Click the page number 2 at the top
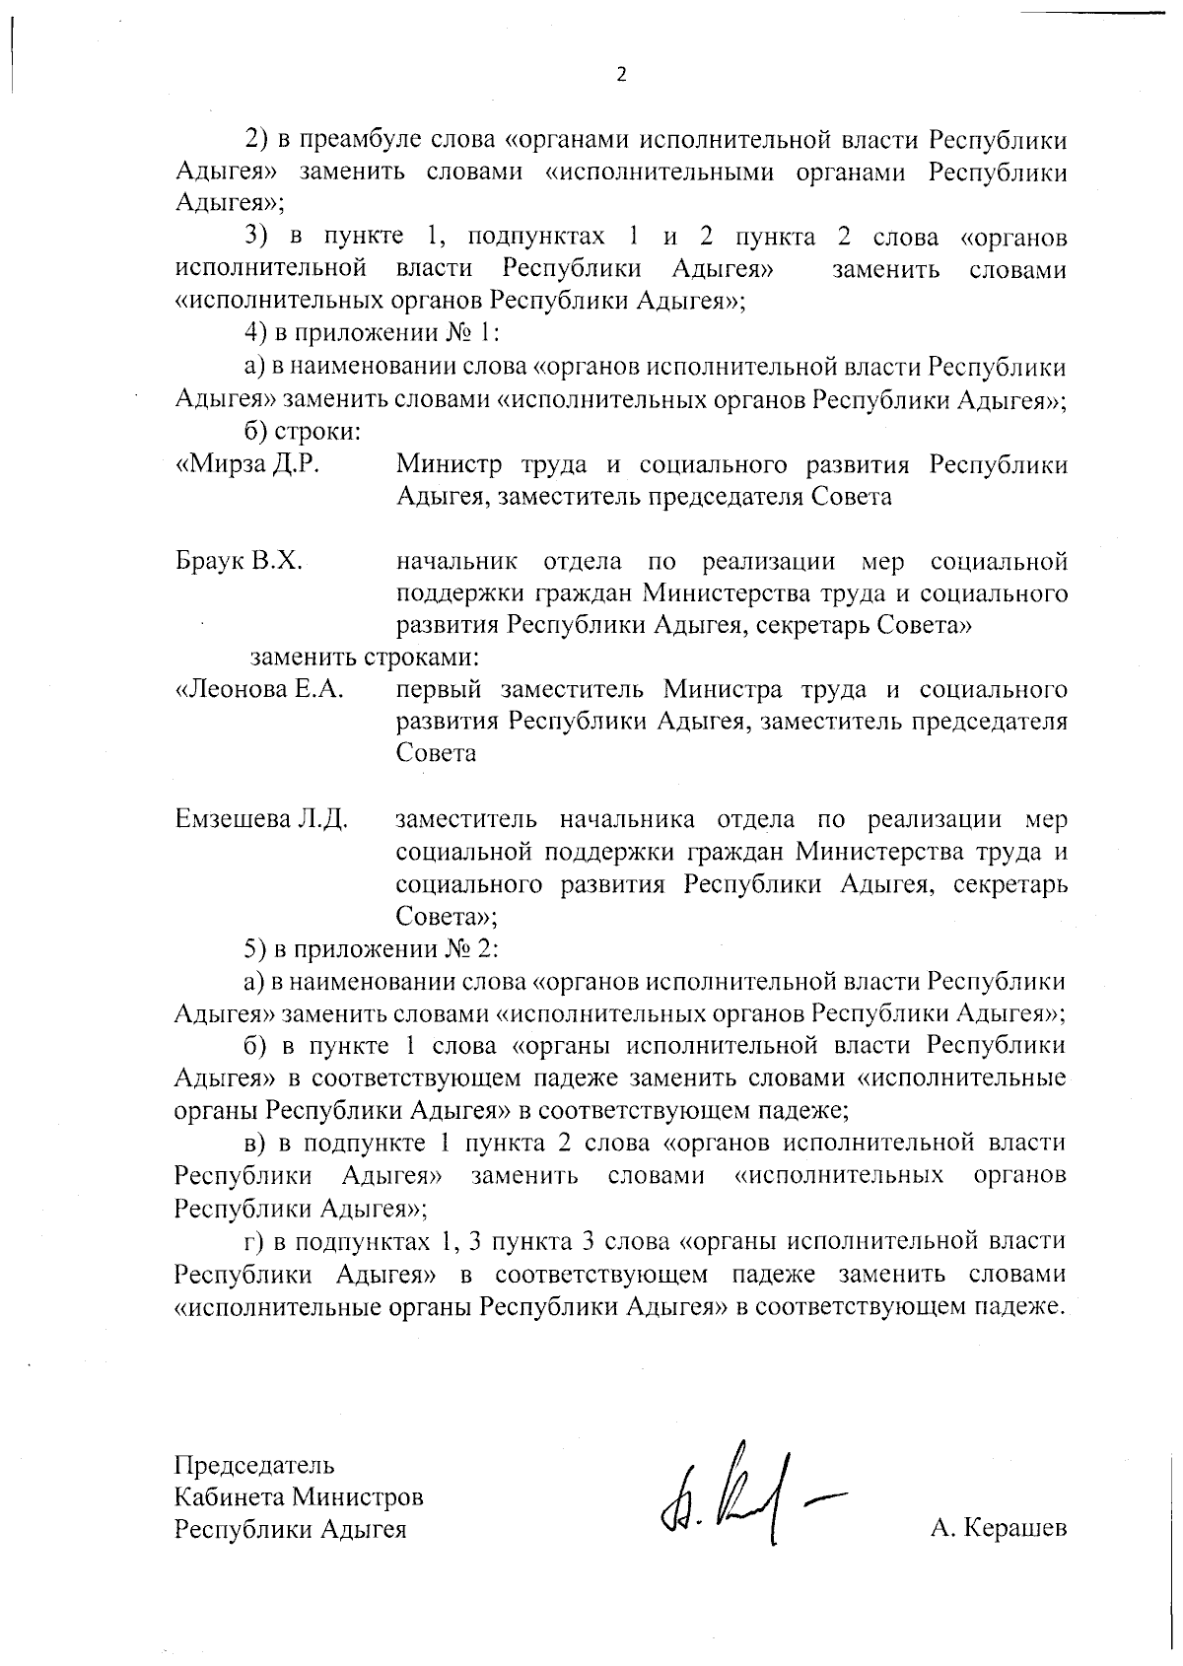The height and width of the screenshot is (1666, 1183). [x=621, y=75]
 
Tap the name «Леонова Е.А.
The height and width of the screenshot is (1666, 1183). [x=259, y=689]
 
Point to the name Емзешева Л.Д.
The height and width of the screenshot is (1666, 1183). [x=261, y=819]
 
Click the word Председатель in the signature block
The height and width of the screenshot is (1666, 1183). [x=254, y=1464]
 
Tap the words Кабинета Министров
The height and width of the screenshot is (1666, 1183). [x=299, y=1496]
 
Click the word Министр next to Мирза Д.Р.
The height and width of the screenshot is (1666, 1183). [x=449, y=464]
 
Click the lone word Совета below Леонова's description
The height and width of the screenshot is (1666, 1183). [x=436, y=753]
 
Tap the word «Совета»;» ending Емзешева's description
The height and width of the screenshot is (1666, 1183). [x=446, y=917]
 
